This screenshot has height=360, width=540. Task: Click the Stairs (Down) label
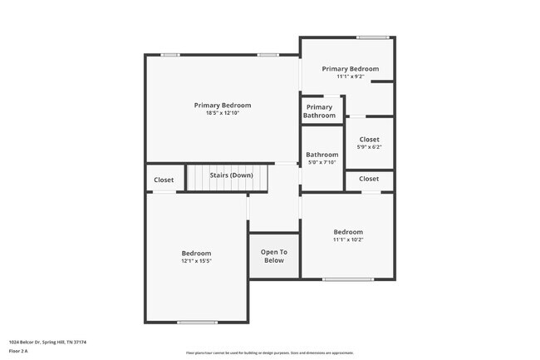231,175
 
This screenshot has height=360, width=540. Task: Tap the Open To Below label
273,256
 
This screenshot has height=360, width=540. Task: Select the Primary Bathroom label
320,111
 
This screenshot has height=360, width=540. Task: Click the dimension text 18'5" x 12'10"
222,113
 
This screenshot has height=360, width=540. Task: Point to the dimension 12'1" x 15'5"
197,261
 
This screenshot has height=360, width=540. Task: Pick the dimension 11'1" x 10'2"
348,239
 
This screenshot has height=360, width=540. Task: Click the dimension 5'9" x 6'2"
369,147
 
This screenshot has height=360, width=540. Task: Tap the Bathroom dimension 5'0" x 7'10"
322,162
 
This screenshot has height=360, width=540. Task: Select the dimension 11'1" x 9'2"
350,76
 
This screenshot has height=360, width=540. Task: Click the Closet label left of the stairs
164,180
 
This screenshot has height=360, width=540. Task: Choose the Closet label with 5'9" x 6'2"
369,140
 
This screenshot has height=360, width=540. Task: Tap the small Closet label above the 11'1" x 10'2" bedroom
369,179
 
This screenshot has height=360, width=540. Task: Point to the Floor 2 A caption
18,351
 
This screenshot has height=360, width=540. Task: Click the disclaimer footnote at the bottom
269,353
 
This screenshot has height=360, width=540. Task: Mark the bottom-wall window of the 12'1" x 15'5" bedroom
197,322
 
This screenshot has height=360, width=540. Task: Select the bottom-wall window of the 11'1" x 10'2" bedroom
347,279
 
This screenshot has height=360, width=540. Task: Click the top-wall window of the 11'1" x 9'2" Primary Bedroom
373,37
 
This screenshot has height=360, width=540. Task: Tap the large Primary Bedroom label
222,106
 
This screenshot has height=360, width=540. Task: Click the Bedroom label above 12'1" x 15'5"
197,254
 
